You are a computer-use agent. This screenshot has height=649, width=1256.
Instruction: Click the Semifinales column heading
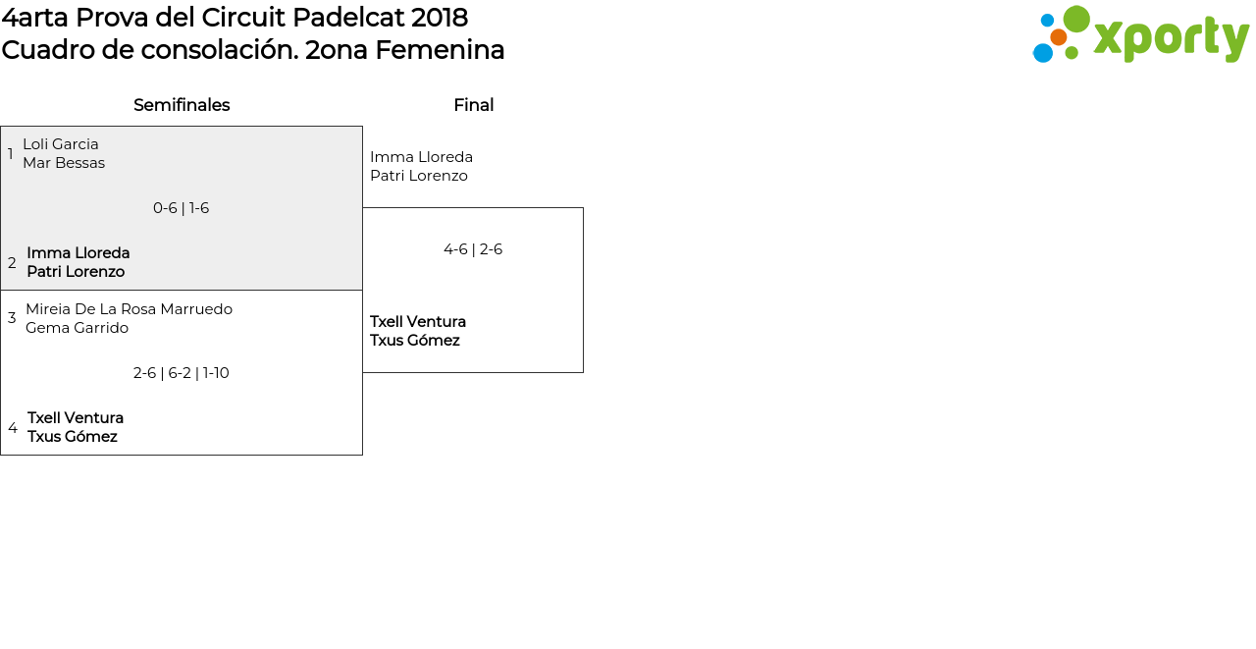182,105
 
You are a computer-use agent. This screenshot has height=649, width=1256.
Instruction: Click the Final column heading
474,105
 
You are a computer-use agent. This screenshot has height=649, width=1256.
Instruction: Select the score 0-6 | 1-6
182,208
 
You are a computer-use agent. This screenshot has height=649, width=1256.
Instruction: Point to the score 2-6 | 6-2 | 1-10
182,373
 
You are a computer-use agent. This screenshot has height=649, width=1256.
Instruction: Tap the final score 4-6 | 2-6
473,249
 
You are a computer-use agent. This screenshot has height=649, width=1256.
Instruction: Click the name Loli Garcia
61,144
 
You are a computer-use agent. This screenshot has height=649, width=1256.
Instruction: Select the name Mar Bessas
64,163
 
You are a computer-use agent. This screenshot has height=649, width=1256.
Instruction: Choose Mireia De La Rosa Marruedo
129,309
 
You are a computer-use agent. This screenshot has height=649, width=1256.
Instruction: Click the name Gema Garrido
78,328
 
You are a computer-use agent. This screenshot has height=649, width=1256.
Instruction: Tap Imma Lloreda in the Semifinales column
78,253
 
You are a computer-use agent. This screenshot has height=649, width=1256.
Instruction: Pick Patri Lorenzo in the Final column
419,176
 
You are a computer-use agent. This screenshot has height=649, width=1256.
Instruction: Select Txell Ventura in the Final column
418,322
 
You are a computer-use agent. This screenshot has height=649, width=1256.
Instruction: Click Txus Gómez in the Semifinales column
73,436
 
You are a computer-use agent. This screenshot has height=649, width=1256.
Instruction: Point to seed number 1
10,154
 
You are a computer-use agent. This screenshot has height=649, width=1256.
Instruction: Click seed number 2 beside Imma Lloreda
12,262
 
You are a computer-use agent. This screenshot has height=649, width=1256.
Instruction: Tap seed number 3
12,318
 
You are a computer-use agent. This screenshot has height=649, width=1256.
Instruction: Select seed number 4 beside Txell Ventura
13,428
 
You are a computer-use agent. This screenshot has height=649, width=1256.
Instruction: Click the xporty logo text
1172,38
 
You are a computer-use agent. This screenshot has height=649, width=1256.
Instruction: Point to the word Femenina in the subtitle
440,50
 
